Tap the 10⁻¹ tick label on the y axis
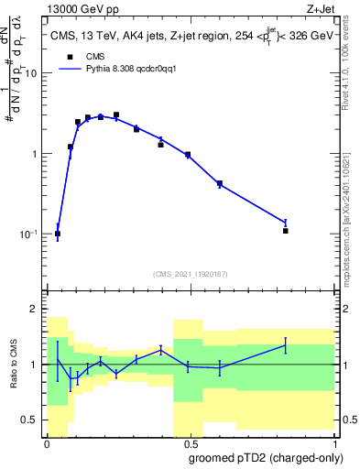tap(28, 234)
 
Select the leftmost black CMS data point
tap(58, 234)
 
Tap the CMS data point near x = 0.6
tap(220, 183)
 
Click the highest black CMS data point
tap(116, 115)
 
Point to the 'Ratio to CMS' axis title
tap(13, 365)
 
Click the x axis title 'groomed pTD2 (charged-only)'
tap(266, 457)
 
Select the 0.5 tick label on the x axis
tap(189, 443)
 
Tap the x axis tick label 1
tap(332, 443)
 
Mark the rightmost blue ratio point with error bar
tap(286, 345)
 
